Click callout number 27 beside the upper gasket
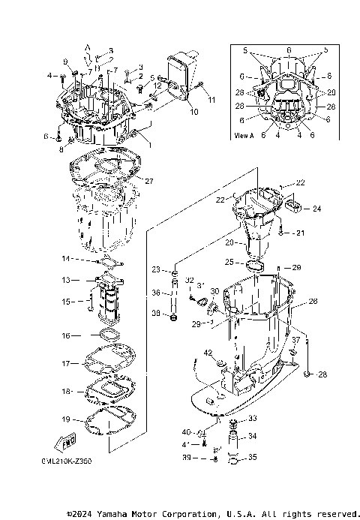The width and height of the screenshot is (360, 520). (148, 181)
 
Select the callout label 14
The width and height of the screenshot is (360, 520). (65, 259)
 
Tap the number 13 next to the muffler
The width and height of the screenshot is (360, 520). (65, 279)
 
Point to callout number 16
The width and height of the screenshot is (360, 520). (65, 335)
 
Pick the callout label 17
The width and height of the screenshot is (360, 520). (65, 363)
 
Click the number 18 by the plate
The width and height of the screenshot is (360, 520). (65, 391)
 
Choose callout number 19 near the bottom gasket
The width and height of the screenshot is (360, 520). (65, 419)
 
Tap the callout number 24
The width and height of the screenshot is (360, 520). (316, 209)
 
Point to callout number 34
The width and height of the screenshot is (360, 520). (211, 99)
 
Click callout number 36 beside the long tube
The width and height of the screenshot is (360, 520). (154, 293)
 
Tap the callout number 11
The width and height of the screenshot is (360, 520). (211, 99)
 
